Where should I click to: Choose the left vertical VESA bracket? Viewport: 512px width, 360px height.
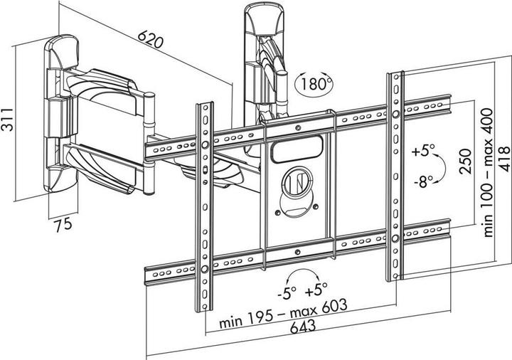204,206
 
